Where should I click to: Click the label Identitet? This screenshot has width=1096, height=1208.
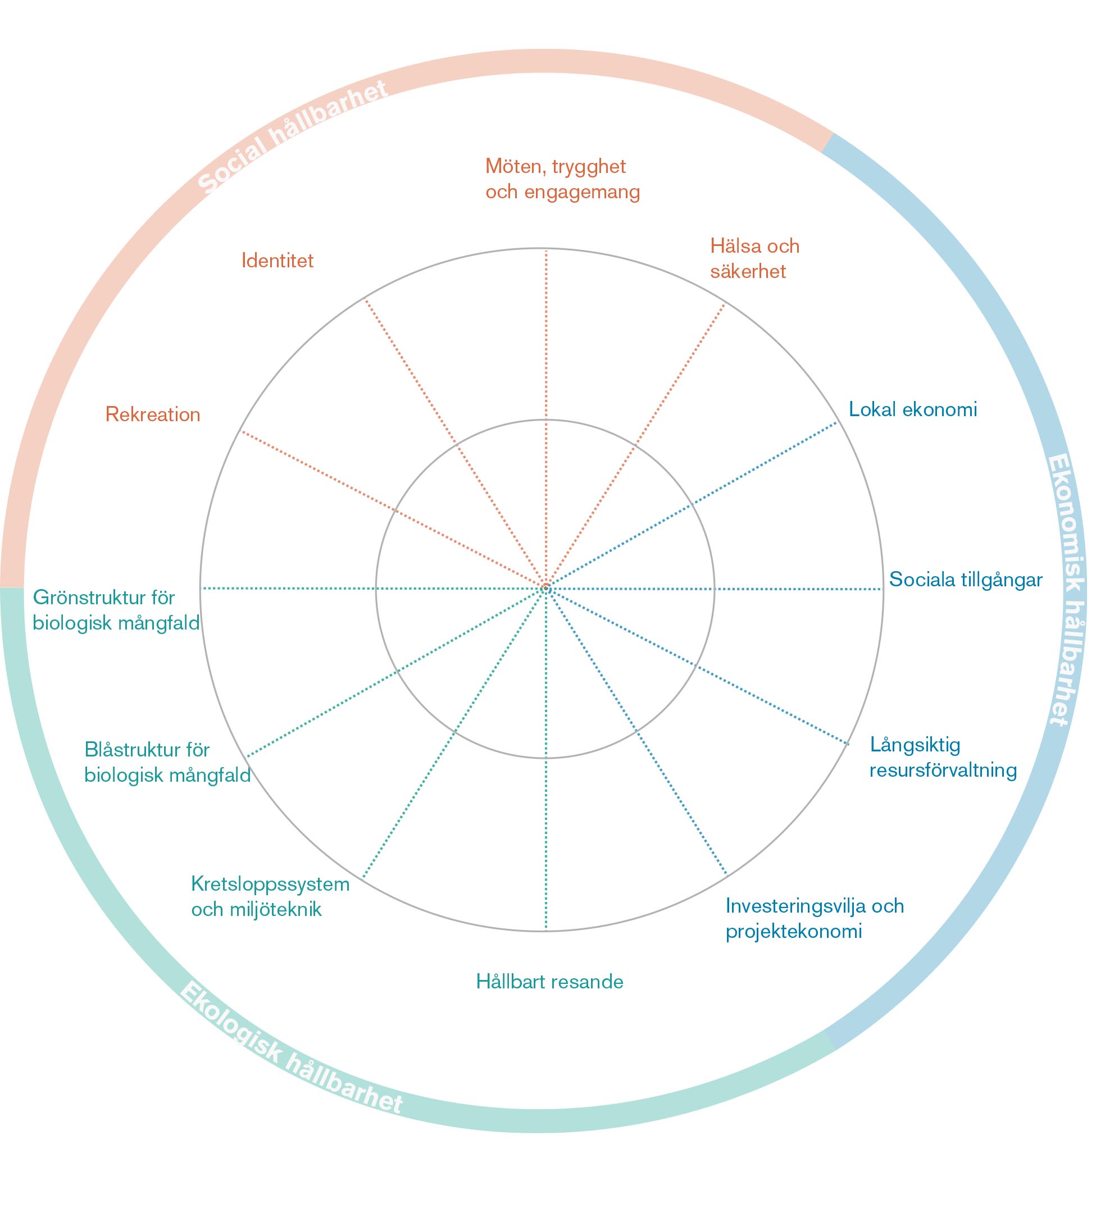pyautogui.click(x=277, y=261)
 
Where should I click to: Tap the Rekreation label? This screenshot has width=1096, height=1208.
pyautogui.click(x=153, y=414)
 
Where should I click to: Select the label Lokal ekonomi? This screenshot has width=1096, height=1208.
pyautogui.click(x=913, y=409)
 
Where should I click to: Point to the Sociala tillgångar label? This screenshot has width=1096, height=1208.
pyautogui.click(x=965, y=580)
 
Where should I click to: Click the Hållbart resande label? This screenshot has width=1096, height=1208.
pyautogui.click(x=549, y=982)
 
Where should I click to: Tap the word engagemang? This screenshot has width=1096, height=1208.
pyautogui.click(x=582, y=192)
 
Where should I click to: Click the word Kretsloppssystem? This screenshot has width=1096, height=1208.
pyautogui.click(x=270, y=884)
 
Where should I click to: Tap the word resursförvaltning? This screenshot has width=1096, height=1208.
pyautogui.click(x=943, y=770)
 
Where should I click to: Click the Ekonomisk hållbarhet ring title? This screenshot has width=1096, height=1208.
pyautogui.click(x=1067, y=590)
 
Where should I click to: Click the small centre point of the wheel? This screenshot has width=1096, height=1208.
pyautogui.click(x=546, y=589)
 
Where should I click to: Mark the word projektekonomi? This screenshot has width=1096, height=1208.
pyautogui.click(x=793, y=931)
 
